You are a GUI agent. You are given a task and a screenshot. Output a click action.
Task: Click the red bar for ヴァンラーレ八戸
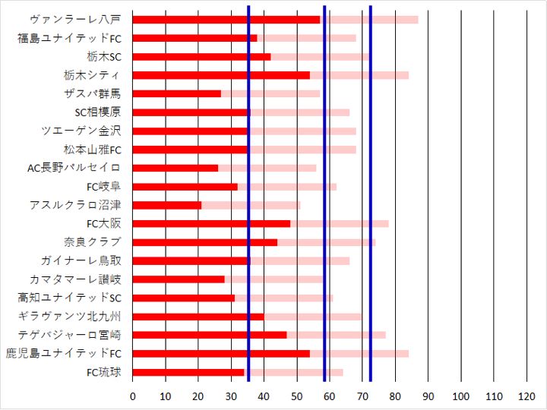point(226,20)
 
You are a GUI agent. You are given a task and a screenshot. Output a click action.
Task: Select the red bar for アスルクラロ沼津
point(167,205)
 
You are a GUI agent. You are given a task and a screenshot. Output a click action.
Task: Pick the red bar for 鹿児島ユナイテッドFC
point(221,354)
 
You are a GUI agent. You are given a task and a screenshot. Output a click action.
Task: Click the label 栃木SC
point(104,57)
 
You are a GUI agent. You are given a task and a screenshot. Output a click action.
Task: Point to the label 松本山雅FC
point(92,150)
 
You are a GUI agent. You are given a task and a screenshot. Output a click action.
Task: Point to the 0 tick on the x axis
point(133,396)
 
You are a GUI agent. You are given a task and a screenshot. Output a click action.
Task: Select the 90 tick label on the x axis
point(428,396)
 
